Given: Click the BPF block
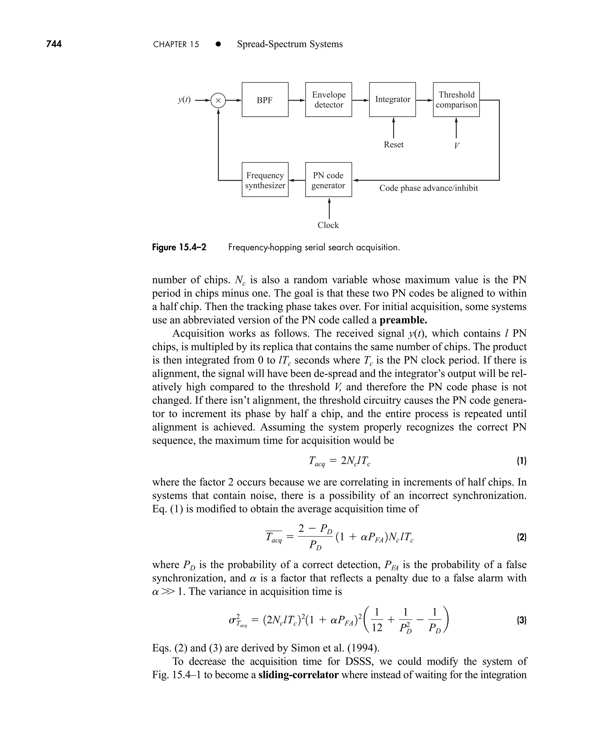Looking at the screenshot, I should pyautogui.click(x=265, y=99).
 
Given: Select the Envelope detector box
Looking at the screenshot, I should pyautogui.click(x=328, y=99).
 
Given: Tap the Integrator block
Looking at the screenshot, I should pyautogui.click(x=392, y=99).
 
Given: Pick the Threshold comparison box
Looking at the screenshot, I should pyautogui.click(x=456, y=99).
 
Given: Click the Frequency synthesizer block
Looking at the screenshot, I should pyautogui.click(x=265, y=180).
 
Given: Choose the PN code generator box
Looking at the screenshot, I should pyautogui.click(x=328, y=180).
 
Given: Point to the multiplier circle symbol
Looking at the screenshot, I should pyautogui.click(x=218, y=100).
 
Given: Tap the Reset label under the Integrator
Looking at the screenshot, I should pyautogui.click(x=393, y=145).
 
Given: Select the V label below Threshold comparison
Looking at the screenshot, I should pyautogui.click(x=457, y=146).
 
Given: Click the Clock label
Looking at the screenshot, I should pyautogui.click(x=328, y=225).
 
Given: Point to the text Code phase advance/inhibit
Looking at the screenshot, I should pyautogui.click(x=429, y=188).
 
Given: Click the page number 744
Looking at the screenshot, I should pyautogui.click(x=54, y=44).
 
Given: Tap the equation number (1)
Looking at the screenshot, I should pyautogui.click(x=521, y=461).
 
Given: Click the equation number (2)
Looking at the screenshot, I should pyautogui.click(x=521, y=538).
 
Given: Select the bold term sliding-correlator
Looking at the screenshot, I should pyautogui.click(x=298, y=675).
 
